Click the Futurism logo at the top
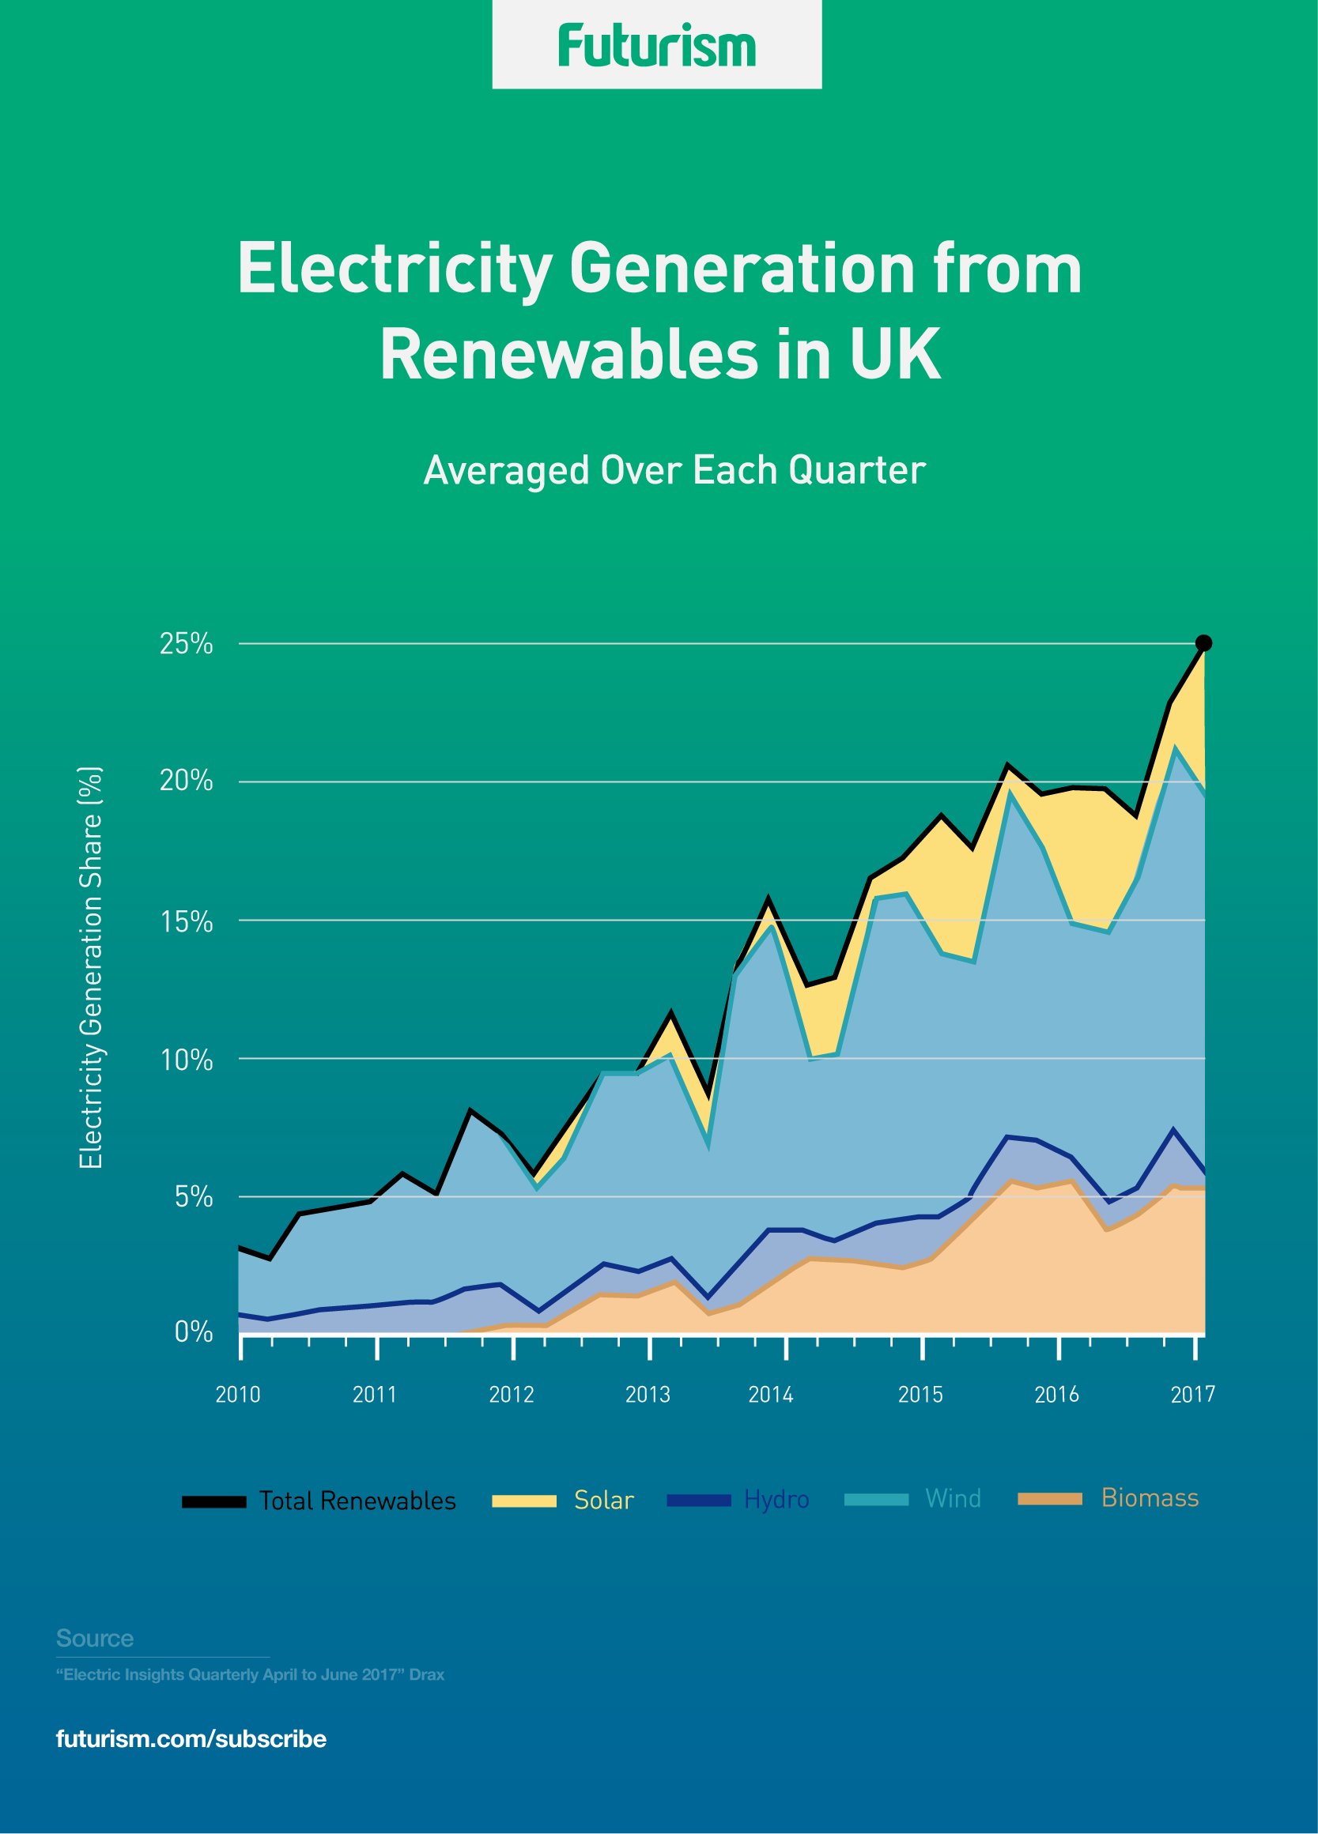click(x=657, y=46)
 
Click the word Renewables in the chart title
click(x=568, y=355)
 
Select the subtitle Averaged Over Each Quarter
click(x=674, y=471)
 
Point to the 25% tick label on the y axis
click(x=186, y=645)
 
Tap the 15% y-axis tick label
click(x=186, y=922)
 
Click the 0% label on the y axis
click(x=194, y=1331)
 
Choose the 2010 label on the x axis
click(x=238, y=1394)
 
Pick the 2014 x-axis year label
click(x=770, y=1394)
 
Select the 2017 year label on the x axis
click(x=1192, y=1394)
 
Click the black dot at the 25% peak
click(x=1203, y=643)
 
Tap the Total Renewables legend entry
click(x=357, y=1501)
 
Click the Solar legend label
click(x=603, y=1500)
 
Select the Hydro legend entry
click(x=776, y=1500)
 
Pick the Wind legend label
click(x=952, y=1498)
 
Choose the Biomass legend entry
click(x=1149, y=1497)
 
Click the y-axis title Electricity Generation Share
click(x=92, y=966)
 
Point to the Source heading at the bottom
click(x=95, y=1638)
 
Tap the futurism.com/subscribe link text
click(x=191, y=1739)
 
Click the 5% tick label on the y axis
click(x=194, y=1197)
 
